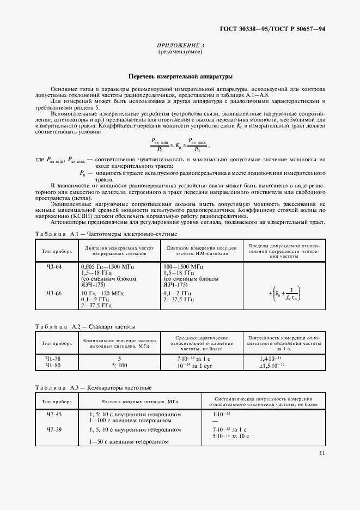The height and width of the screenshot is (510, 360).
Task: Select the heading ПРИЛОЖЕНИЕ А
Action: coord(180,46)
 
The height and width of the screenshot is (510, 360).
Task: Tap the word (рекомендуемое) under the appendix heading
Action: coord(180,52)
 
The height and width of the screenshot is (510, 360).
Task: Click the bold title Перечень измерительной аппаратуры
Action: coord(180,77)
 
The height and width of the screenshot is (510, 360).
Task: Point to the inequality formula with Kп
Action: coord(180,144)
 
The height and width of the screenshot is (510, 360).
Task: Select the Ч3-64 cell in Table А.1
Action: coord(54,266)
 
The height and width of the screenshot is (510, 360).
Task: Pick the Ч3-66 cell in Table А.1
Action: coord(54,293)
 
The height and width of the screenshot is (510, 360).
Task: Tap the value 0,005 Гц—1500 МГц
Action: coord(107,266)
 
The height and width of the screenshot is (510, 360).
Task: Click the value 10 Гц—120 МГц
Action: coord(102,293)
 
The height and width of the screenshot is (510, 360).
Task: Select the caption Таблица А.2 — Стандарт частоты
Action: coord(86,326)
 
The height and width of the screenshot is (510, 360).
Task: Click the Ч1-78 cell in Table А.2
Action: coord(54,360)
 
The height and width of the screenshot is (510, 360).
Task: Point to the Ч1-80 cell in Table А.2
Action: coord(54,365)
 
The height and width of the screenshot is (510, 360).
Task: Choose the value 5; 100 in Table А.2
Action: coord(119,365)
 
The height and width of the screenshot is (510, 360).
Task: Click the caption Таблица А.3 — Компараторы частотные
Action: coord(93,387)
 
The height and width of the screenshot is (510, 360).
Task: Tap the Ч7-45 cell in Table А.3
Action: coord(54,415)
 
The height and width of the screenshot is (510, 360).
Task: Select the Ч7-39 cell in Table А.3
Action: coord(54,429)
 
